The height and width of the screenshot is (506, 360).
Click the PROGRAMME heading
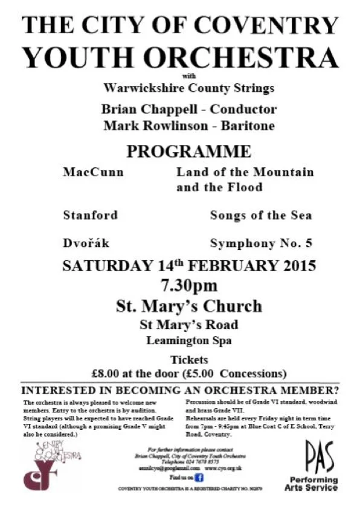(x=188, y=151)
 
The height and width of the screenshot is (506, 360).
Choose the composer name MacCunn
(x=93, y=172)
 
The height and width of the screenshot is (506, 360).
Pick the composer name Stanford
(x=90, y=215)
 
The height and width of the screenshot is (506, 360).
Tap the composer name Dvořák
(x=86, y=244)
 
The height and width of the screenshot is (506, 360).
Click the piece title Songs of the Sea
(x=261, y=215)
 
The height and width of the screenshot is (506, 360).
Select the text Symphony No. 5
(x=261, y=244)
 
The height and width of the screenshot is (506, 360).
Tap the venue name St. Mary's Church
(x=188, y=306)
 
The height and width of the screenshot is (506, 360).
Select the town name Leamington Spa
(x=188, y=340)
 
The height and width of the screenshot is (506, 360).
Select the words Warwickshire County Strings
(x=188, y=88)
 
